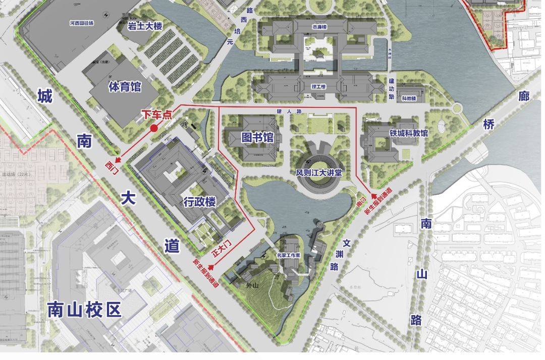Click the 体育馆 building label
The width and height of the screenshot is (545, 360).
click(x=125, y=87)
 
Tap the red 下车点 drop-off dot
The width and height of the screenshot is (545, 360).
click(x=154, y=129)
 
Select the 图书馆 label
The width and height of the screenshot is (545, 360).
click(x=257, y=138)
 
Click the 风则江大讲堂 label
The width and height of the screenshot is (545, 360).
click(x=319, y=172)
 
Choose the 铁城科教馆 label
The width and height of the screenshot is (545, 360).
click(x=408, y=134)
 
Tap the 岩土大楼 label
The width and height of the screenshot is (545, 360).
click(x=144, y=26)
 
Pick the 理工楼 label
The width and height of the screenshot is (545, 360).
click(x=319, y=87)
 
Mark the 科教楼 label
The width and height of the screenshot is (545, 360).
click(x=409, y=98)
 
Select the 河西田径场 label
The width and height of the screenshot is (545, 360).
click(x=82, y=23)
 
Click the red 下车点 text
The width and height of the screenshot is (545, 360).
click(x=156, y=114)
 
